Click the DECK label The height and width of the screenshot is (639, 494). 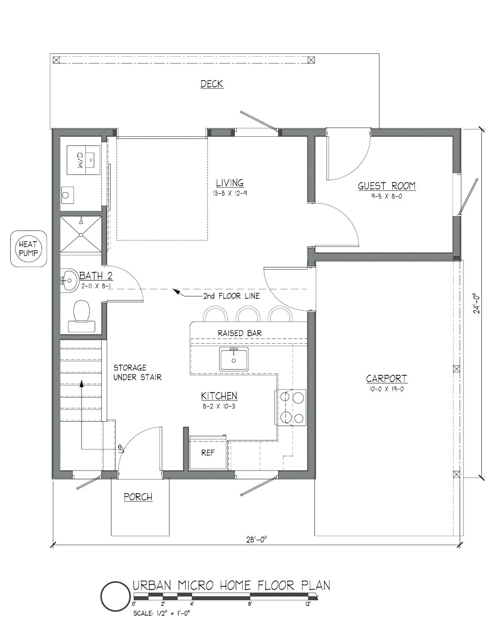click(x=212, y=84)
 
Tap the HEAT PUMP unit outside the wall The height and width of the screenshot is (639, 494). click(x=28, y=248)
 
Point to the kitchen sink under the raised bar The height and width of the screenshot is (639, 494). click(x=234, y=359)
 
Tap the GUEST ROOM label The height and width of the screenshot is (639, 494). click(x=387, y=186)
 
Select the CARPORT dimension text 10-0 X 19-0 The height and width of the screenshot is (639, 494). click(x=386, y=389)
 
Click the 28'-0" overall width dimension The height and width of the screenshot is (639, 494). click(x=256, y=540)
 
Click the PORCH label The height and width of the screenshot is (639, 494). click(x=138, y=497)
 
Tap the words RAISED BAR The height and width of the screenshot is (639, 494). click(x=240, y=333)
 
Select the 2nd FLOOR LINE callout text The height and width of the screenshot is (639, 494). click(x=231, y=296)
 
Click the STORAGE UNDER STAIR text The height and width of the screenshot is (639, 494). click(x=137, y=372)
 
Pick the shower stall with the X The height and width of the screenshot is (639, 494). click(x=81, y=235)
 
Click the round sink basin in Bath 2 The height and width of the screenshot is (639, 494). click(x=69, y=280)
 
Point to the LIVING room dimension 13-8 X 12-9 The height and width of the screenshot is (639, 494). click(x=230, y=193)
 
